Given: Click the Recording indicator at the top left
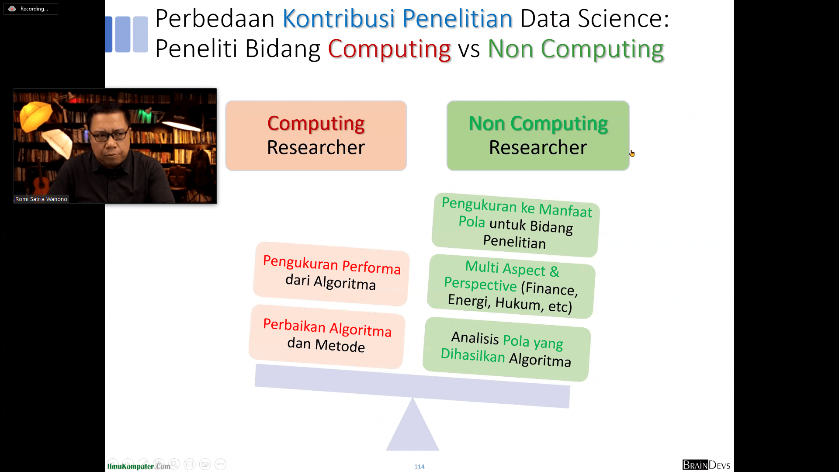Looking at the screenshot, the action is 31,9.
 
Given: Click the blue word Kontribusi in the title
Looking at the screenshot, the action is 339,18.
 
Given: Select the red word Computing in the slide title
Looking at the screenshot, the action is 389,49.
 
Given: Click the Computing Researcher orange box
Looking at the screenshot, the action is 316,135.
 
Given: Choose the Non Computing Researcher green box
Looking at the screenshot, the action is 538,135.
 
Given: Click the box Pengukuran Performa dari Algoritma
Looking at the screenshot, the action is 331,274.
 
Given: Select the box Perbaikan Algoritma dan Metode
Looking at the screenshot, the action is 327,336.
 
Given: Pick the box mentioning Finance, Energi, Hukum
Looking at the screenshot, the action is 511,286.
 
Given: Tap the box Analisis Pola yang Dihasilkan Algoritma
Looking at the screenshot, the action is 507,349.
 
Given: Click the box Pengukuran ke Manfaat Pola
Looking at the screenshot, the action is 516,225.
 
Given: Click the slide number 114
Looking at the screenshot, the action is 419,467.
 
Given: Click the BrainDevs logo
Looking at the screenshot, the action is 706,465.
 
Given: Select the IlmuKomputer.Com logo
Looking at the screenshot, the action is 139,466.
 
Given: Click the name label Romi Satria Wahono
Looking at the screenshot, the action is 41,199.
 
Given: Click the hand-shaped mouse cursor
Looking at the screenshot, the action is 632,153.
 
